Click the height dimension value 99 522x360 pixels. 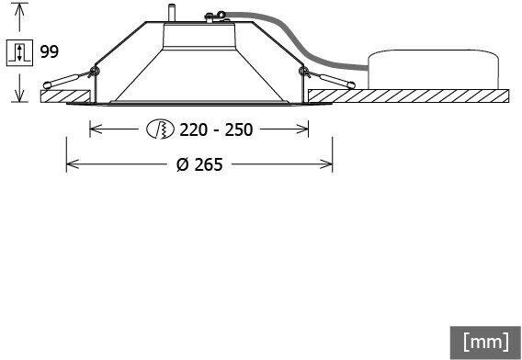click(x=50, y=52)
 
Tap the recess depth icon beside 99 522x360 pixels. click(x=19, y=52)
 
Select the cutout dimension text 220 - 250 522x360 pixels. click(x=216, y=129)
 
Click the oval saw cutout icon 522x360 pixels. click(x=160, y=129)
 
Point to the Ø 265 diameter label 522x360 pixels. click(x=199, y=164)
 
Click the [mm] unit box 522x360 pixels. click(x=486, y=343)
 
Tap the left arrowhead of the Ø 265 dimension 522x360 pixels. click(x=73, y=164)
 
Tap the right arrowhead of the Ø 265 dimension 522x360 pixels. click(x=326, y=164)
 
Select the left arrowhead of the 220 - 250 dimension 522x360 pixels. click(x=96, y=129)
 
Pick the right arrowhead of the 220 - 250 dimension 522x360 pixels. click(x=302, y=129)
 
